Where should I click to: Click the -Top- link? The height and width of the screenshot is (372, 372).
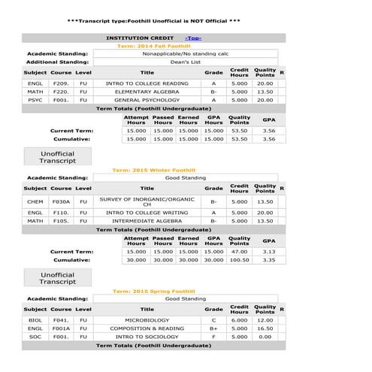(193, 38)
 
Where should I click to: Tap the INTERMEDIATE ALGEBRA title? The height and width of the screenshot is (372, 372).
(147, 221)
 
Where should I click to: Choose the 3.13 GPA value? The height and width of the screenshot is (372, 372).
(268, 252)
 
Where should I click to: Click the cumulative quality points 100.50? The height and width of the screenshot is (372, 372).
(240, 260)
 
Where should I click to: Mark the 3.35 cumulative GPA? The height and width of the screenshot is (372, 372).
(268, 260)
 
